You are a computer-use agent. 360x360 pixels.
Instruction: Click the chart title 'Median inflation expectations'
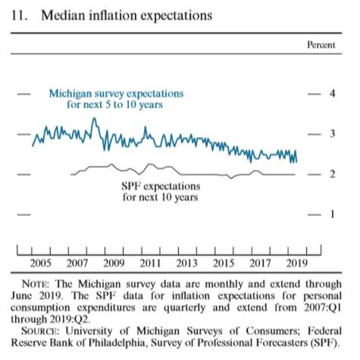click(127, 16)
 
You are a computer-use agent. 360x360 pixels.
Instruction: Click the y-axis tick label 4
click(333, 93)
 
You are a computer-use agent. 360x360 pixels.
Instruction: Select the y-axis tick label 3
click(333, 134)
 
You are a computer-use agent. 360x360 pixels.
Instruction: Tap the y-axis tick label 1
click(333, 214)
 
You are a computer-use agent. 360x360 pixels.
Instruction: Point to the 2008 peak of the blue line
click(94, 119)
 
